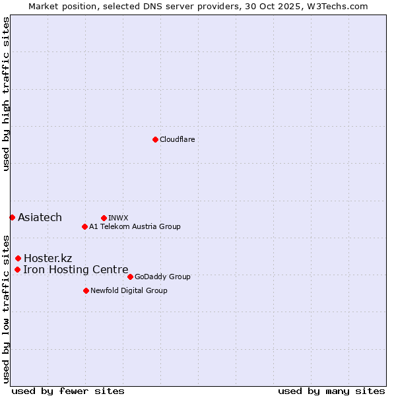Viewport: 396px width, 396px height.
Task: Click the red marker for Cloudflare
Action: pos(155,139)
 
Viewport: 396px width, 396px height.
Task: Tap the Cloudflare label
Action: pos(177,139)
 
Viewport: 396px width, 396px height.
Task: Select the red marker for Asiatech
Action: pos(12,217)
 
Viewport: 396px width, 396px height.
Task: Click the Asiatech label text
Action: pos(40,218)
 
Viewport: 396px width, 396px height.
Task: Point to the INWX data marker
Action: pos(104,218)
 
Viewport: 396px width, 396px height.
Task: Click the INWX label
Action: pos(118,218)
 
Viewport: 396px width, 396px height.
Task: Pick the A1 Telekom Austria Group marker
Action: pos(84,226)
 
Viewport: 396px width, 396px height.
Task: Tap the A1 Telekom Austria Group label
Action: pos(135,226)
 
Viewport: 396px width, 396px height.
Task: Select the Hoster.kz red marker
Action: pos(18,258)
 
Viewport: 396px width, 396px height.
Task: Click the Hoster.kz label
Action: pos(48,258)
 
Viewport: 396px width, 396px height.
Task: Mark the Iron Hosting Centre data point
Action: pos(17,269)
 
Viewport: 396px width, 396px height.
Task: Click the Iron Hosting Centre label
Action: pos(75,269)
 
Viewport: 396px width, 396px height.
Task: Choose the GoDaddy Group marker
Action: pos(130,277)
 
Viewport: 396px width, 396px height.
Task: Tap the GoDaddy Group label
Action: pos(162,277)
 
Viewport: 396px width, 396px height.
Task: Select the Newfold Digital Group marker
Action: pos(86,290)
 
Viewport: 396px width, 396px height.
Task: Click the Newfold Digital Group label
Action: pos(129,290)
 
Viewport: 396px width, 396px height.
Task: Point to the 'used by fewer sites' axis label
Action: pos(68,391)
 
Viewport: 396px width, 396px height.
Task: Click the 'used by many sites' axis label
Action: pos(331,391)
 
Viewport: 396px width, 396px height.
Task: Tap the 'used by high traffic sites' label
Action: pos(6,94)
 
